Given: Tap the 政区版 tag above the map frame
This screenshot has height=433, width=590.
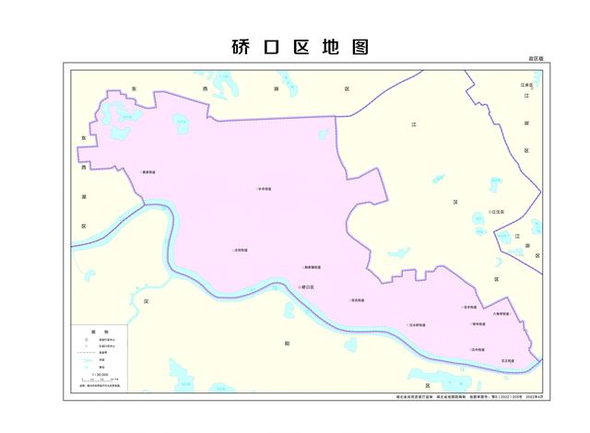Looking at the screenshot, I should (x=536, y=58).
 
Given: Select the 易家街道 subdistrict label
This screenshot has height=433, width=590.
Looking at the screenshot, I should (x=147, y=171).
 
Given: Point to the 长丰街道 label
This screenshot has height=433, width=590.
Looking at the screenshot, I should (x=264, y=190).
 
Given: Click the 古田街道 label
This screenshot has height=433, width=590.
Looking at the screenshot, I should (x=241, y=250).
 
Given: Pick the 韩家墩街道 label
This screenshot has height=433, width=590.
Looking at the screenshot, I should (x=312, y=268).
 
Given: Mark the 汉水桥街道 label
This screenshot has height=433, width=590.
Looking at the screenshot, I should (x=417, y=325).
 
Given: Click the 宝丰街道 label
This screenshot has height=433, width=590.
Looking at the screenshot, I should (x=470, y=308).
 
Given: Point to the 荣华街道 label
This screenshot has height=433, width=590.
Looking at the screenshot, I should (x=478, y=324).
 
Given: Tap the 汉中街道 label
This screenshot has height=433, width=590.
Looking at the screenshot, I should (x=478, y=350).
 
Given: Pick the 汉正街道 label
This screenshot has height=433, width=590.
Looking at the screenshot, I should (x=506, y=360).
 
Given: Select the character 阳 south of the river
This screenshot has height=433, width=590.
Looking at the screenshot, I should (x=287, y=343).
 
